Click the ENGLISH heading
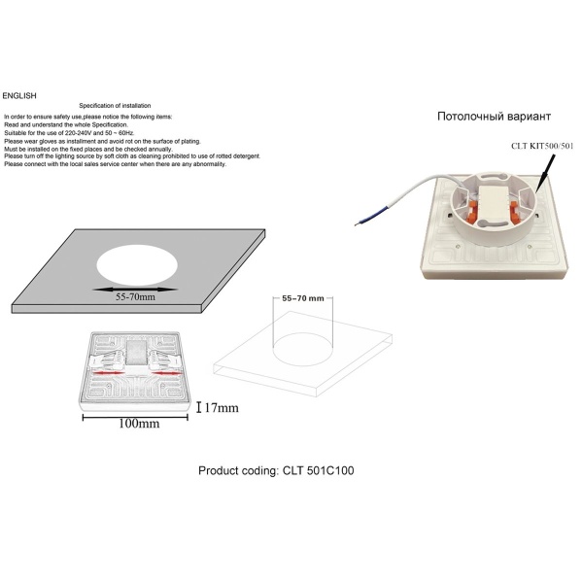19,96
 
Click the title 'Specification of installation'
115,106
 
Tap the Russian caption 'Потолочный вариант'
494,117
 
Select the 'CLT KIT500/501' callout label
542,146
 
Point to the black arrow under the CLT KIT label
546,173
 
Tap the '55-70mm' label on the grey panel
135,297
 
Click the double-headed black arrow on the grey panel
135,290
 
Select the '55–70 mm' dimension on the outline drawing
303,298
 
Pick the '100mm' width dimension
139,424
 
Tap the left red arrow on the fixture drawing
108,372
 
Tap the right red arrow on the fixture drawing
167,372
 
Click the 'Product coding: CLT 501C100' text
276,470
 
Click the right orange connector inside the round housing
515,210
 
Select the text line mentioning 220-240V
69,133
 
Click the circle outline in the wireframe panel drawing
303,349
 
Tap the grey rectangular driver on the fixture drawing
133,353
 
